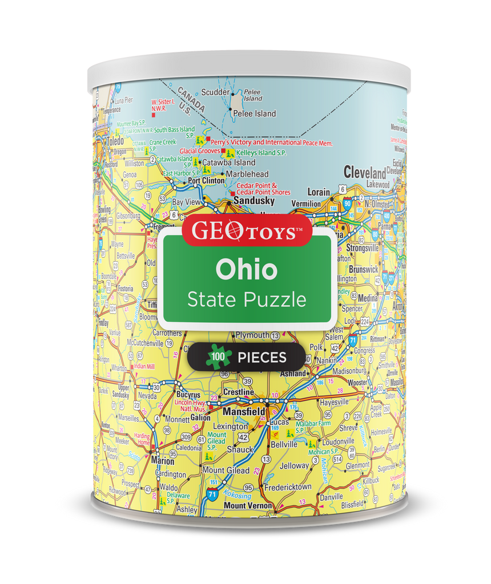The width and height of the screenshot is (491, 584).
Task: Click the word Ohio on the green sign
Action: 246,269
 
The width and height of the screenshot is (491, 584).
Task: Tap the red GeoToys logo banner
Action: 246,231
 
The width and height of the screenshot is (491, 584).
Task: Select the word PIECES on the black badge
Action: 261,358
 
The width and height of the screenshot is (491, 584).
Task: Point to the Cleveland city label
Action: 364,172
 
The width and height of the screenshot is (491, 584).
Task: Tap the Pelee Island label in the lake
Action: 254,113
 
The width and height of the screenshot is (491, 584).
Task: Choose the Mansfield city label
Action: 244,411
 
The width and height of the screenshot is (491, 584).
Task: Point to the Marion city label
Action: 163,461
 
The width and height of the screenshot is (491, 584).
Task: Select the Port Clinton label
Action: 207,181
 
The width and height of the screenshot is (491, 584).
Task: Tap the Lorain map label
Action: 319,192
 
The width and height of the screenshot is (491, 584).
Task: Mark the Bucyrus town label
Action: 188,395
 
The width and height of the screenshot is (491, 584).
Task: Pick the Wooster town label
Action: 357,382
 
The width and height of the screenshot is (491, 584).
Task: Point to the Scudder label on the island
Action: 216,92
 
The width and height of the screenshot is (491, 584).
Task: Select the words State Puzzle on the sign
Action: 246,299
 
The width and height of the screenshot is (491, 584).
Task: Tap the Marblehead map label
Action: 247,174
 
